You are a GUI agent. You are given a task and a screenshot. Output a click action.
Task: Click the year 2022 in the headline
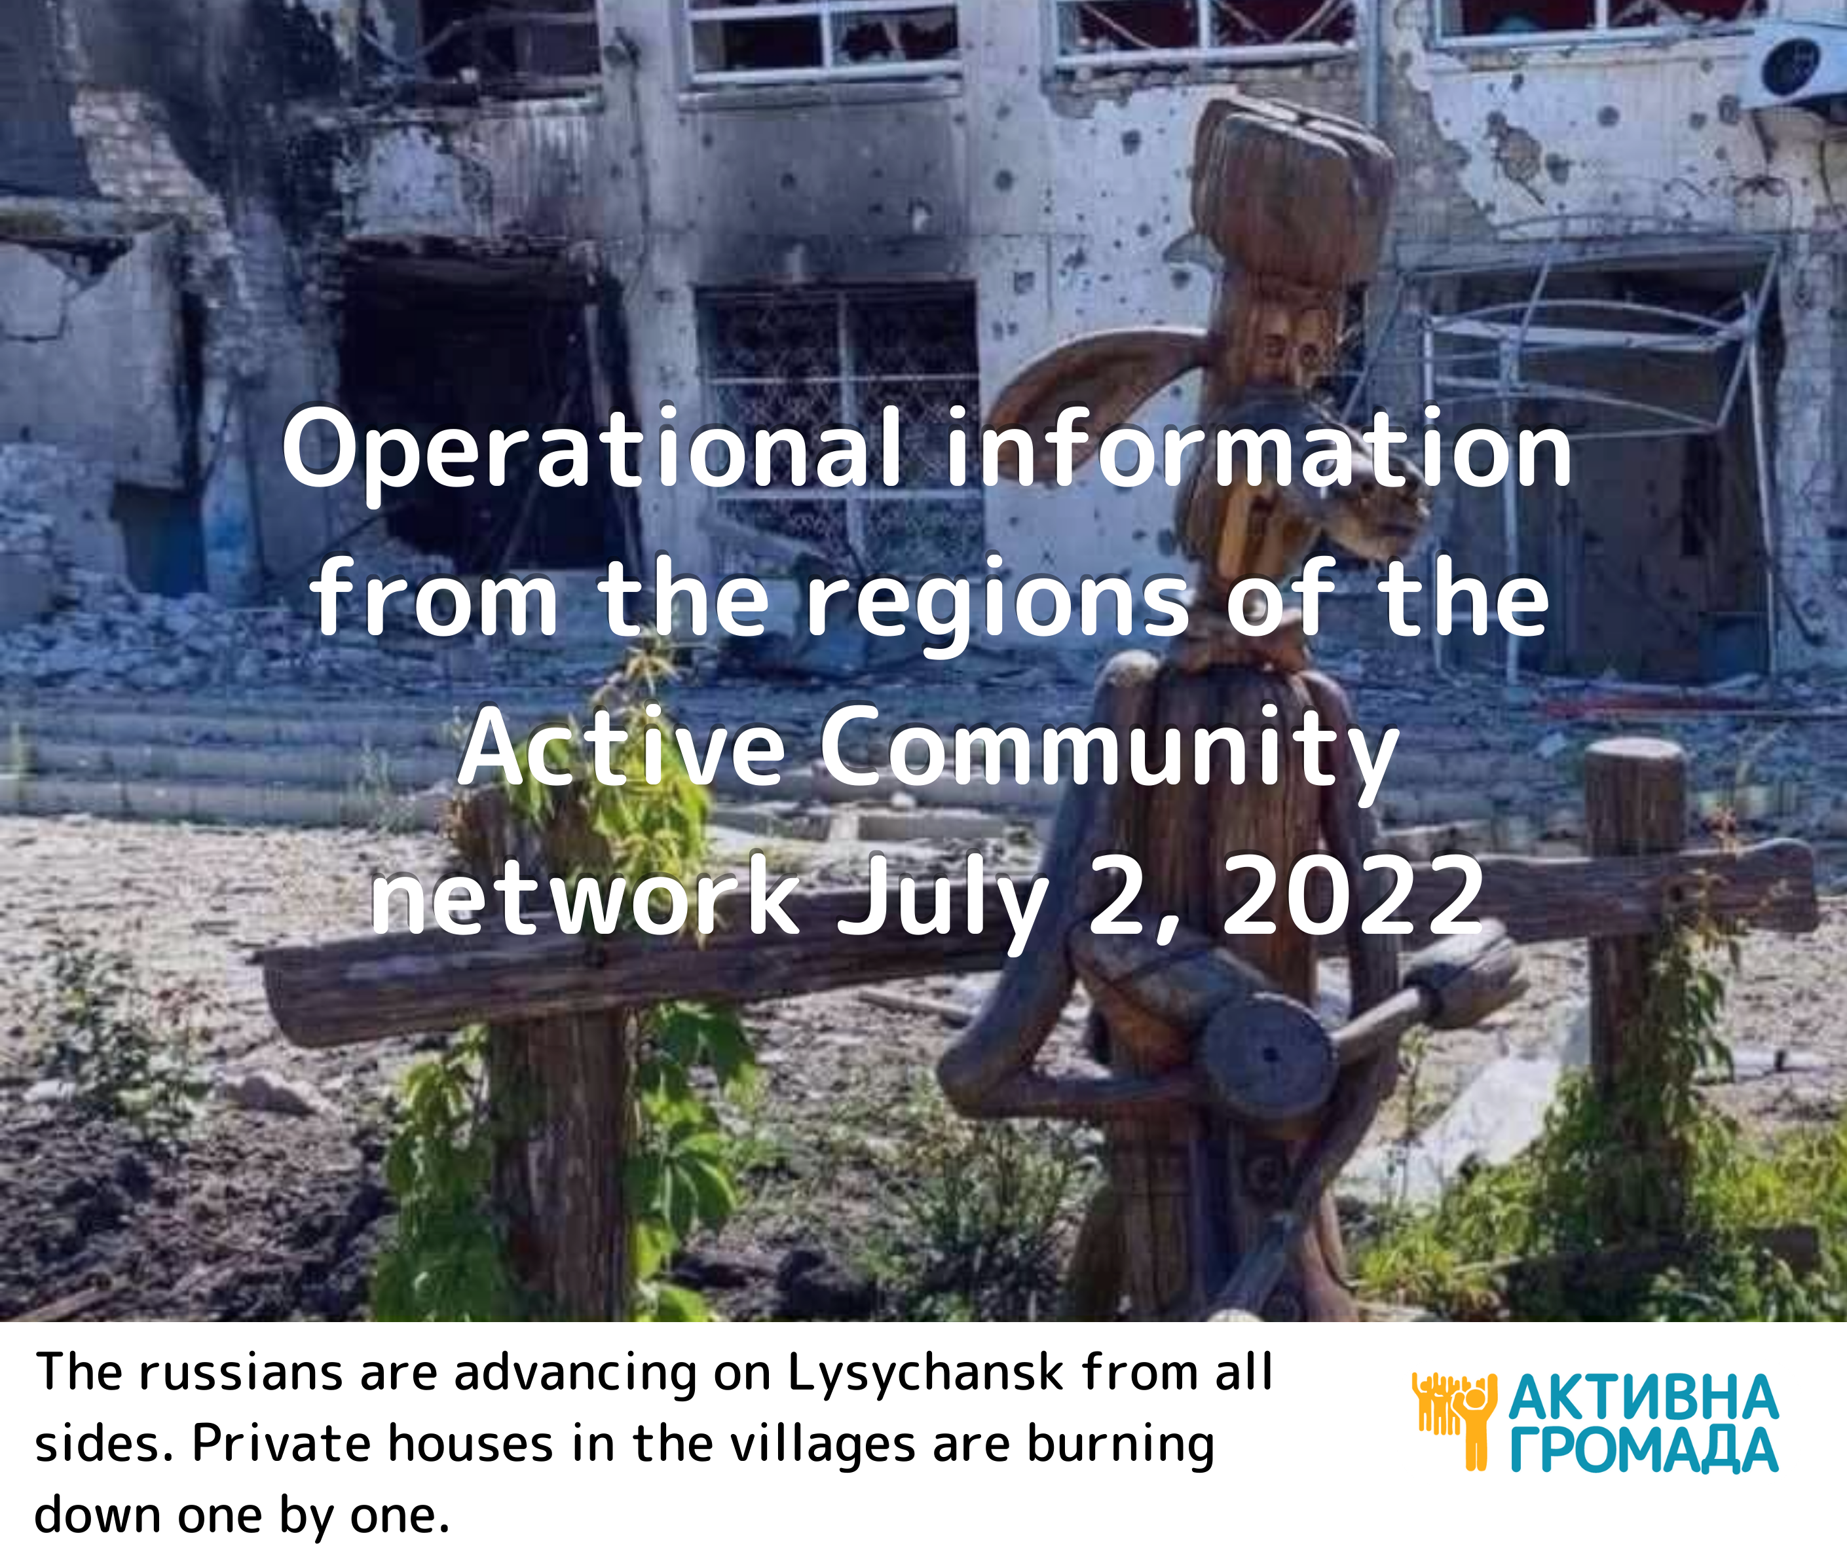pyautogui.click(x=1353, y=898)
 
